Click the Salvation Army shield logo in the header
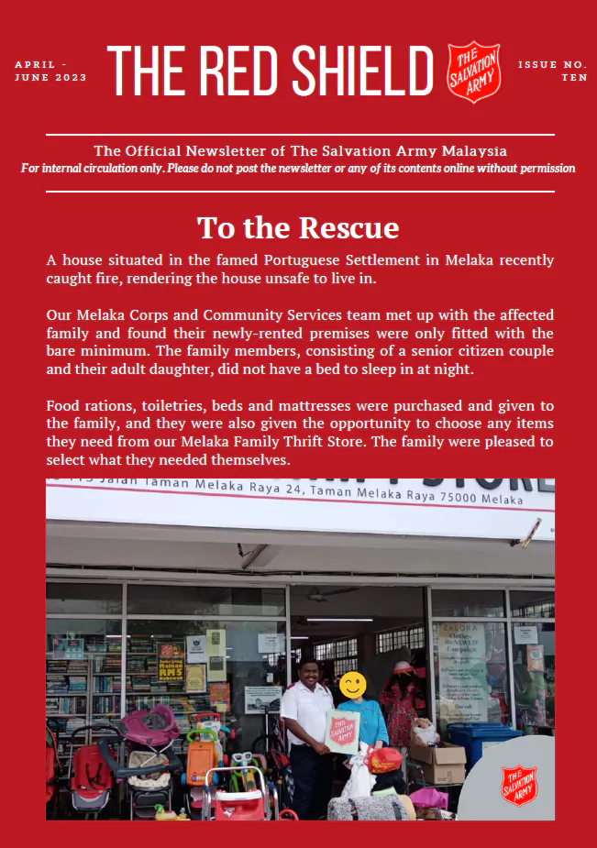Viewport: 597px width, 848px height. pos(474,72)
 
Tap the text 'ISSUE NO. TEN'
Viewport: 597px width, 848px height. pos(552,72)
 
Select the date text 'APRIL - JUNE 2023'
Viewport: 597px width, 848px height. pos(50,72)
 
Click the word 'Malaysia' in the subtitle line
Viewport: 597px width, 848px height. pos(471,150)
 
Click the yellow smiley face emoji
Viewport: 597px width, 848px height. pos(353,685)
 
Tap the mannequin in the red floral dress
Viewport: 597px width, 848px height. pos(401,706)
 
